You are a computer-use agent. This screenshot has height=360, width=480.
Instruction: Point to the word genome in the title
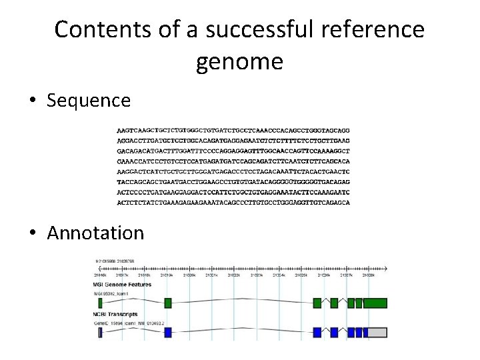(239, 62)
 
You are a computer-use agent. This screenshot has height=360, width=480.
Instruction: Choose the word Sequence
(89, 101)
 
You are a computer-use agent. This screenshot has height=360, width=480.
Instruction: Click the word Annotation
(95, 233)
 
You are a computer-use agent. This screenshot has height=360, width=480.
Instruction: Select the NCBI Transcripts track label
(115, 314)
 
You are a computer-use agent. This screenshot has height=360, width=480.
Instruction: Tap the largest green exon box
(375, 303)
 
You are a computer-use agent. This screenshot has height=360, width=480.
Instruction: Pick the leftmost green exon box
(101, 303)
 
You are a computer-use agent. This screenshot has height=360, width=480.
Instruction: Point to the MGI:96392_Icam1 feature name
(111, 293)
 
